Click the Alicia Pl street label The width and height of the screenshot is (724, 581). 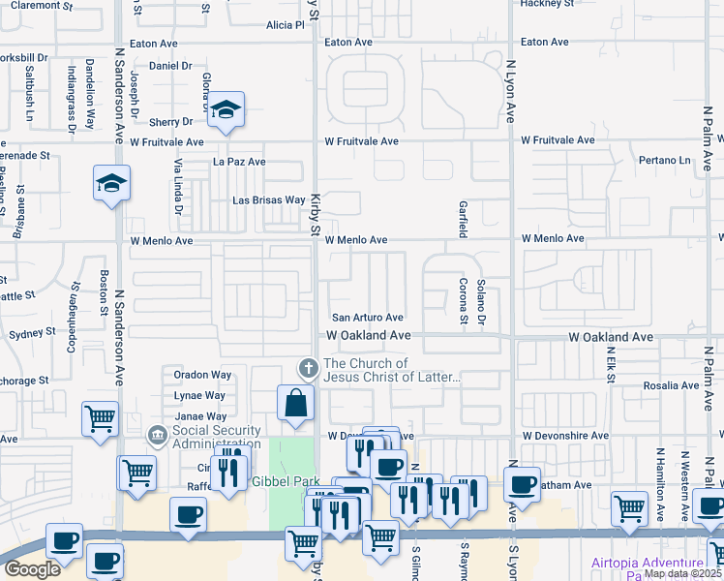point(285,25)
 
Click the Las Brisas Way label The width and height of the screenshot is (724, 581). point(269,200)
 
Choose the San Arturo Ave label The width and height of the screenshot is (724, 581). point(367,318)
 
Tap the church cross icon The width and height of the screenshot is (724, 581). point(308,368)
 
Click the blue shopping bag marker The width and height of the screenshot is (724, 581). point(295,402)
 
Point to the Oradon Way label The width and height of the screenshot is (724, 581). point(202,375)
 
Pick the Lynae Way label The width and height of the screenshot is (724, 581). point(199,395)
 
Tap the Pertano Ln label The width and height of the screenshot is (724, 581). point(665,160)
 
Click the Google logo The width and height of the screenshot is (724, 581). point(33,569)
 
